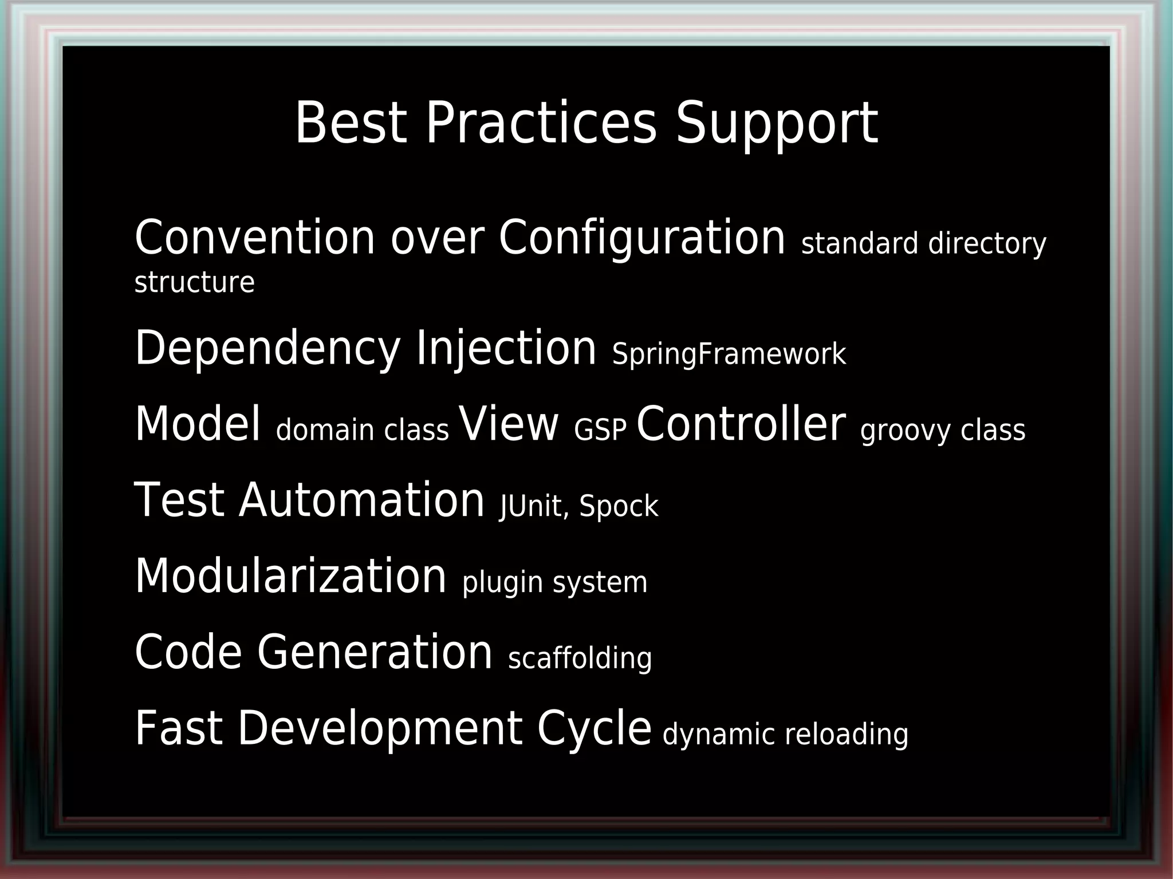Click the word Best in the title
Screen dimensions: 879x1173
pos(351,123)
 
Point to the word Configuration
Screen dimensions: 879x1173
pos(641,238)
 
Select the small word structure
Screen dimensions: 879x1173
pos(194,282)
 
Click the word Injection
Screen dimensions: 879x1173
pos(506,349)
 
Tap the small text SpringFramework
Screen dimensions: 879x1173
pos(729,354)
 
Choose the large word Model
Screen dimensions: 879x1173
pos(197,424)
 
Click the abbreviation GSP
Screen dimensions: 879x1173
pos(600,431)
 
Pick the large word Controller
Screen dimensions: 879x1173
pos(741,424)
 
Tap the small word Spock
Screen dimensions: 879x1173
pos(619,507)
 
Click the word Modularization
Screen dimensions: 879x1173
pos(290,576)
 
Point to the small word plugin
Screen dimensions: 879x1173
pos(502,584)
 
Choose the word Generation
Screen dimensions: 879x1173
pos(375,652)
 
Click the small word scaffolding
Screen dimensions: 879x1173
pos(580,659)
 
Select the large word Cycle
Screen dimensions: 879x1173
pos(594,728)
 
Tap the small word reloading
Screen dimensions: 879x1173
pos(847,735)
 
